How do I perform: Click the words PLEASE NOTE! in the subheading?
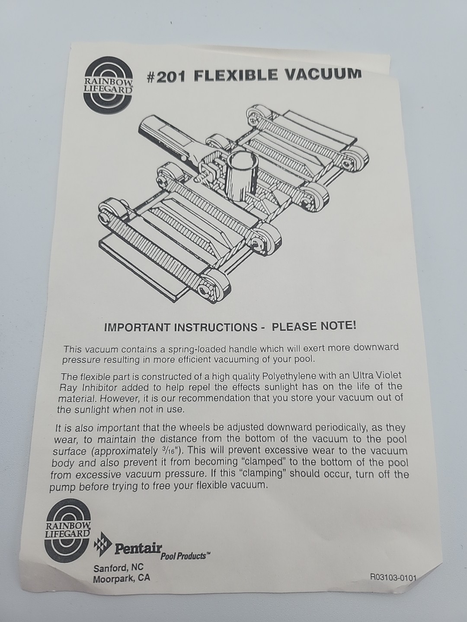point(314,327)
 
